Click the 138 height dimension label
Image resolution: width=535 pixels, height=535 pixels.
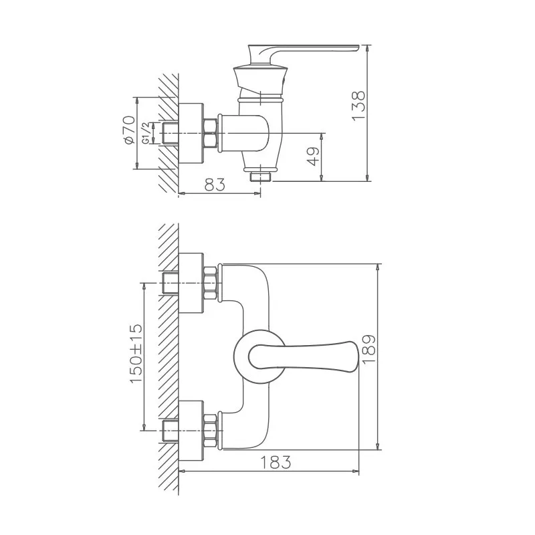[x=358, y=105]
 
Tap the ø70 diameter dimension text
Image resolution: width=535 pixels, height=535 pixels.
[x=129, y=130]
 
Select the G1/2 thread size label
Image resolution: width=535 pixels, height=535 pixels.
[x=145, y=133]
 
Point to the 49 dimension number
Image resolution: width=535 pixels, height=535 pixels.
[x=314, y=156]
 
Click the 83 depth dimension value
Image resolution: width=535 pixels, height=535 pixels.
[x=215, y=185]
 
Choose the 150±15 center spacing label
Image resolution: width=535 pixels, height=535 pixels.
[x=136, y=354]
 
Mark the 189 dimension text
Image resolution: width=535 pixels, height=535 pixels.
[x=369, y=349]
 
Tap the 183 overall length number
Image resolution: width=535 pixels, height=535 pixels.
[x=276, y=463]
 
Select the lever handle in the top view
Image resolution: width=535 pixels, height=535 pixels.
[x=304, y=356]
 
